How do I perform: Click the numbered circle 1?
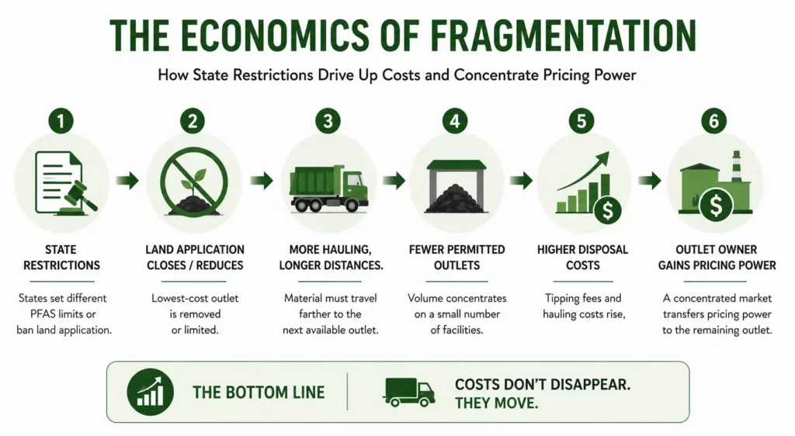tap(61, 121)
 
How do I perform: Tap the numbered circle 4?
tap(455, 121)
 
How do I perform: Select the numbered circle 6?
tap(714, 121)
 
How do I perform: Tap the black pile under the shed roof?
tap(456, 198)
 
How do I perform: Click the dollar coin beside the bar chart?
tap(608, 210)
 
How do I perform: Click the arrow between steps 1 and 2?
tap(127, 180)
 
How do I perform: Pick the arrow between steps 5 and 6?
tap(650, 180)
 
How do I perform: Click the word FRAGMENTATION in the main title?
tap(564, 35)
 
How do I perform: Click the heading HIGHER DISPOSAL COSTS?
tap(582, 258)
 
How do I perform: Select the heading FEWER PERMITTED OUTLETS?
tap(457, 258)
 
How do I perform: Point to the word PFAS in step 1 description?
tap(43, 314)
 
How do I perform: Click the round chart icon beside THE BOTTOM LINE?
tap(150, 393)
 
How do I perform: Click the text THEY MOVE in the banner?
tap(496, 403)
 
